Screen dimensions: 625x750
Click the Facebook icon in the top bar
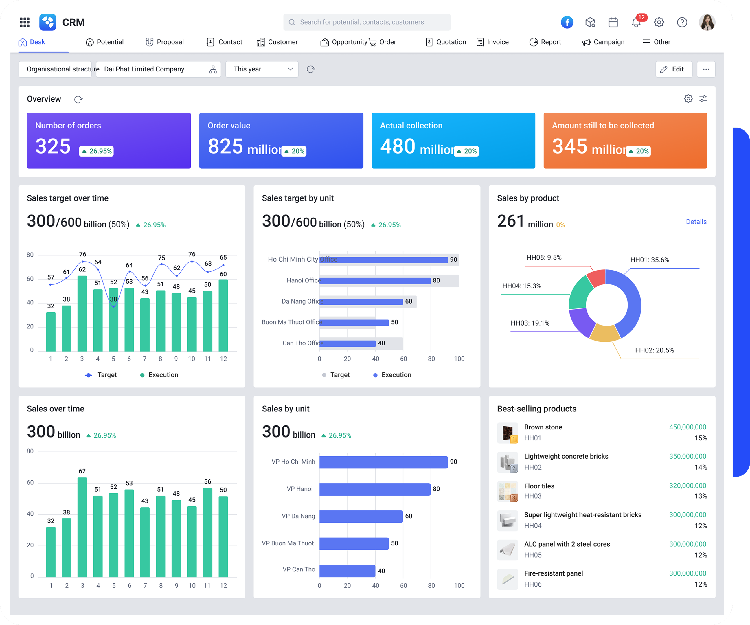(x=567, y=22)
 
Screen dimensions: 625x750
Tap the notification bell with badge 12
(x=636, y=23)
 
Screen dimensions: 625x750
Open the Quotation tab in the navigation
(x=446, y=42)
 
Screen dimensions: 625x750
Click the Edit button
(x=673, y=69)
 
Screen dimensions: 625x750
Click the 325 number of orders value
(x=53, y=146)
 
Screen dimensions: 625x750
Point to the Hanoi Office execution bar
(x=375, y=281)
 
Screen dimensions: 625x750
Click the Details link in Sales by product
(x=696, y=222)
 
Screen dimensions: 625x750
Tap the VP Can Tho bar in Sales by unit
(x=347, y=570)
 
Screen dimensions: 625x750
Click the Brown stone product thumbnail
(x=507, y=433)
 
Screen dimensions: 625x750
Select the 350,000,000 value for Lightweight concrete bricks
(x=687, y=456)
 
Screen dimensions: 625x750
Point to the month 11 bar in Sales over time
(x=207, y=532)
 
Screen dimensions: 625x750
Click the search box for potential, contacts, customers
(x=367, y=22)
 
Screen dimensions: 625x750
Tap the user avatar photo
(x=706, y=22)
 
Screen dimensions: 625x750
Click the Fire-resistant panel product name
(x=553, y=573)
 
